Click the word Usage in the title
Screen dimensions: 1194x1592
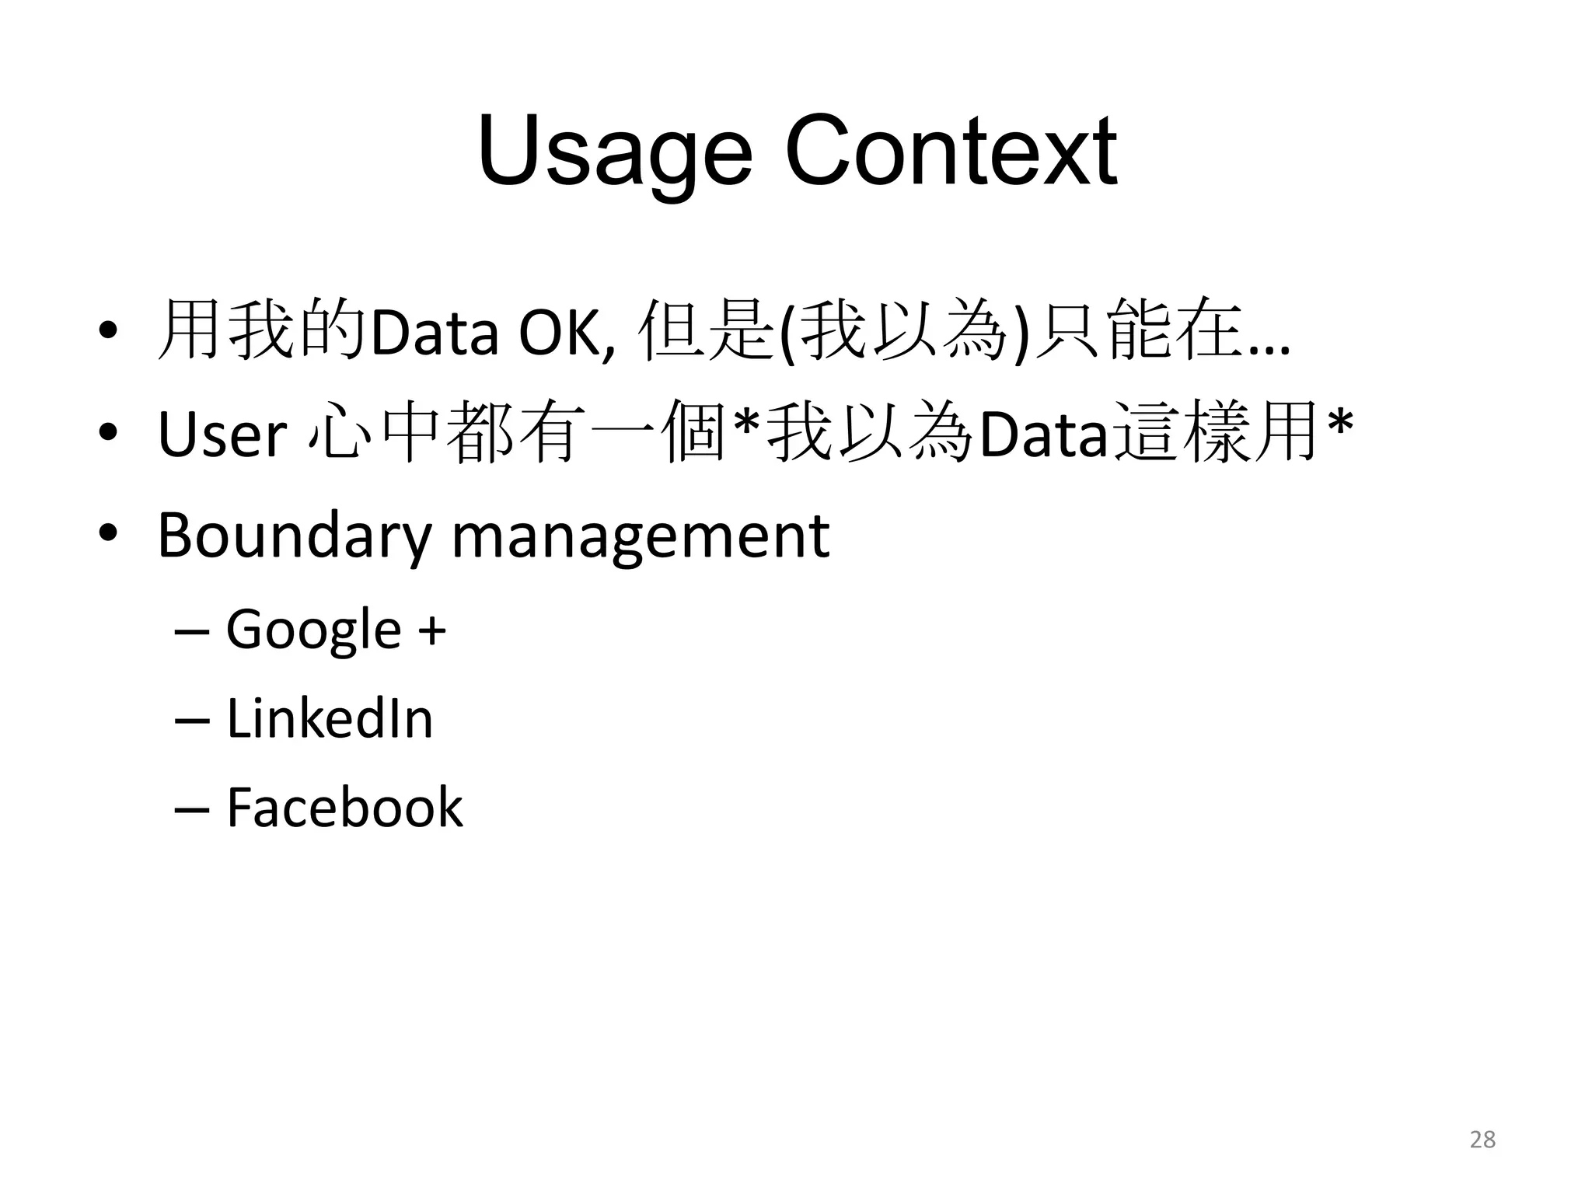point(615,152)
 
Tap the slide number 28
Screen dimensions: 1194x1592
point(1482,1140)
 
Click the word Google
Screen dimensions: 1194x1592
point(313,630)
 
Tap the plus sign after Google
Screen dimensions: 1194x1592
point(432,630)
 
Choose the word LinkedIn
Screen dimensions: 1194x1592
point(330,718)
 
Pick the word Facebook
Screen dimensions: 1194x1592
point(344,807)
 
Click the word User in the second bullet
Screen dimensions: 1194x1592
point(222,435)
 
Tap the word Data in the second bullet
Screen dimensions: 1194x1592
point(1042,435)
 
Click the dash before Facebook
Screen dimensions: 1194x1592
point(192,808)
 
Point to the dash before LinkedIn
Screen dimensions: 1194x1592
point(192,720)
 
